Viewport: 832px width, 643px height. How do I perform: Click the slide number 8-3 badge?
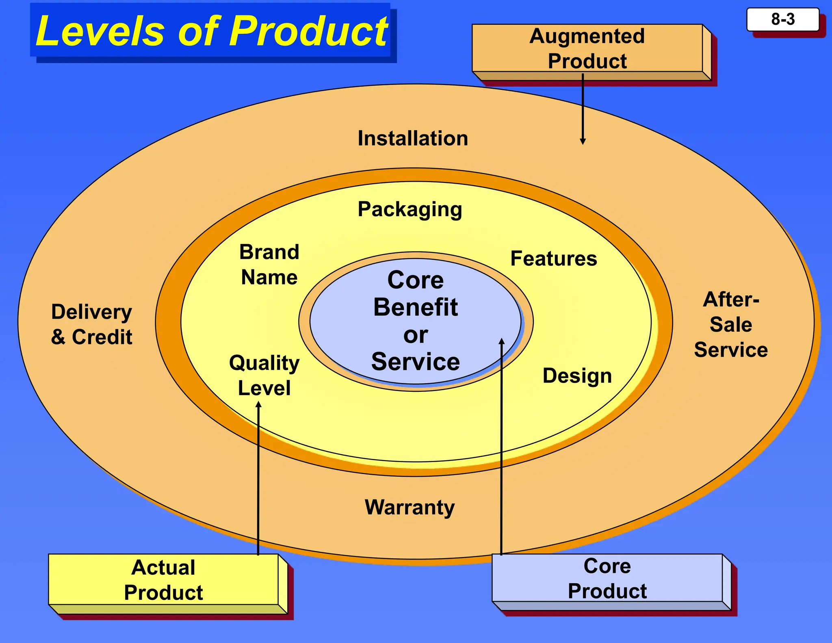click(782, 20)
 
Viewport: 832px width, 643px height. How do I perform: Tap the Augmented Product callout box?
click(587, 48)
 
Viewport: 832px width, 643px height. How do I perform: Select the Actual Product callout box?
click(163, 580)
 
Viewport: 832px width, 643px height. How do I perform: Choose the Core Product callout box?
click(607, 578)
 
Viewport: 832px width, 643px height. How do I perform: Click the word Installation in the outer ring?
click(413, 139)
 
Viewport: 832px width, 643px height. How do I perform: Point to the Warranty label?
click(409, 507)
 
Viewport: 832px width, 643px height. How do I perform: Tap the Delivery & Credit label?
click(92, 324)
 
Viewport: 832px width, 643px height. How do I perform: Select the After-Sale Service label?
click(731, 325)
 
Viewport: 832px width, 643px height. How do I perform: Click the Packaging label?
click(410, 210)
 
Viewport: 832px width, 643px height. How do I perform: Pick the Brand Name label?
click(269, 265)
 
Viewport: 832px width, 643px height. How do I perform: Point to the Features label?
click(553, 259)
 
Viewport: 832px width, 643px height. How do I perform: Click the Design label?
click(577, 376)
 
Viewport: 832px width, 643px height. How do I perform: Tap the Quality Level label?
click(264, 375)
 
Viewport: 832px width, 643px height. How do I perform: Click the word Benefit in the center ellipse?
click(415, 307)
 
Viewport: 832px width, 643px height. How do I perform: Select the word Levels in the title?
click(100, 31)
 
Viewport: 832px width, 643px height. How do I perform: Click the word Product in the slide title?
click(309, 31)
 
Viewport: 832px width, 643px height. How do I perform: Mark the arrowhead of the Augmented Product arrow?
click(583, 141)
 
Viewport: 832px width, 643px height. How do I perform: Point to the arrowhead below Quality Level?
click(258, 404)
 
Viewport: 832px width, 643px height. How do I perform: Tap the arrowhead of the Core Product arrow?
click(502, 341)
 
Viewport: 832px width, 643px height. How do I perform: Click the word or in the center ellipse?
click(415, 335)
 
